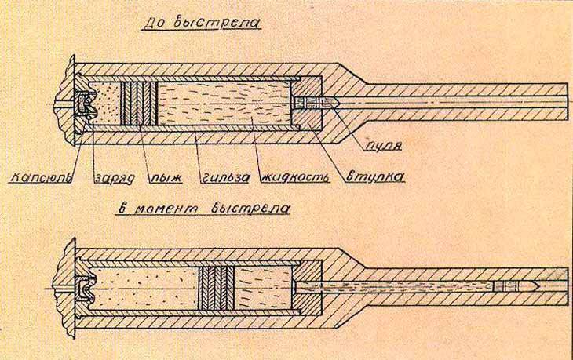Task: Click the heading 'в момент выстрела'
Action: [x=204, y=209]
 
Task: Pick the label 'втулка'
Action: [x=374, y=176]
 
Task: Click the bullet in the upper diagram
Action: [x=318, y=103]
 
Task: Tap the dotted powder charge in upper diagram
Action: [x=105, y=103]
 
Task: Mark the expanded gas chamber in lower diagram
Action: [x=145, y=285]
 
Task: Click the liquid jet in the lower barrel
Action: [x=392, y=286]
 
